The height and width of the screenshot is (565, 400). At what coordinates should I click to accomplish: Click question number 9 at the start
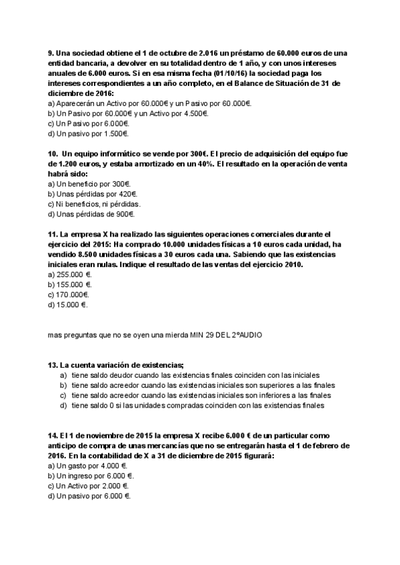[x=51, y=53]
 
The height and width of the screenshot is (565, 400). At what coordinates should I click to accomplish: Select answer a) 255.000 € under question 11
[x=70, y=274]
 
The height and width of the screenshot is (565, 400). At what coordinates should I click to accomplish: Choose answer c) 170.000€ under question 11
[x=69, y=294]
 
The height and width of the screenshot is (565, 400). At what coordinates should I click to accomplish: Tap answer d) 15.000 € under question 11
[x=68, y=304]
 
